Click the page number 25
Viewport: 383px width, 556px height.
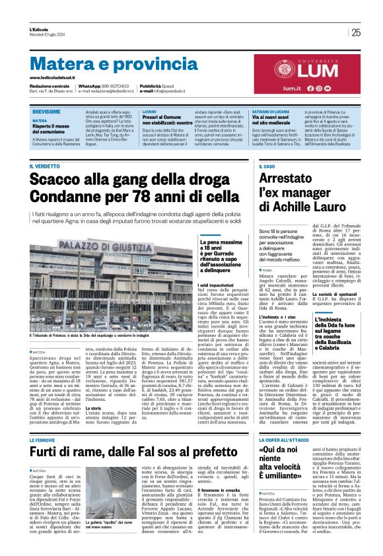[x=356, y=32]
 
